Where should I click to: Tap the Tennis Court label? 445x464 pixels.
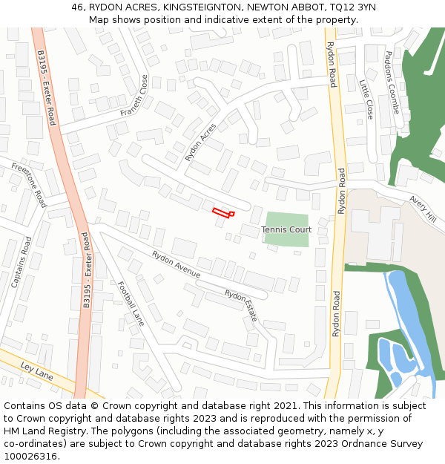click(286, 230)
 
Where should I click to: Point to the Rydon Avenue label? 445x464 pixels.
click(176, 264)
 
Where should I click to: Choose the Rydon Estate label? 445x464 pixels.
click(241, 304)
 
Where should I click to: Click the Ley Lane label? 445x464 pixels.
click(37, 371)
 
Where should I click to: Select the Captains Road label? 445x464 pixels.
click(22, 262)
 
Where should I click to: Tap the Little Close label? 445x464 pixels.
click(366, 99)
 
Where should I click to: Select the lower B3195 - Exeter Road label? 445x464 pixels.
click(87, 270)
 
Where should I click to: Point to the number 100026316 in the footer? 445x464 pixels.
click(30, 456)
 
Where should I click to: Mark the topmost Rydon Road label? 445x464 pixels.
click(332, 64)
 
